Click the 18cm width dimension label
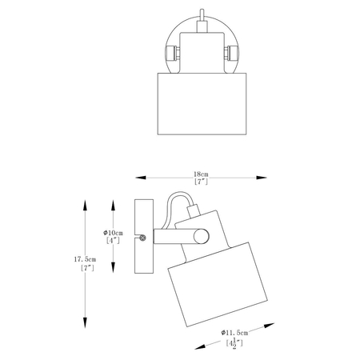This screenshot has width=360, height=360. pyautogui.click(x=201, y=174)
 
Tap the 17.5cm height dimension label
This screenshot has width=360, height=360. pyautogui.click(x=85, y=259)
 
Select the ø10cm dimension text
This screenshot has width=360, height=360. pyautogui.click(x=114, y=233)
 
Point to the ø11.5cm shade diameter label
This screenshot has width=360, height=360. pyautogui.click(x=234, y=333)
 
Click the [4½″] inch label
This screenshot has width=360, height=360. pyautogui.click(x=234, y=343)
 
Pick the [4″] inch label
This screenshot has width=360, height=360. pyautogui.click(x=113, y=241)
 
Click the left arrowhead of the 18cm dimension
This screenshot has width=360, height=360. pyautogui.click(x=141, y=178)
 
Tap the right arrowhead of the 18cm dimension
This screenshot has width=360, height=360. pyautogui.click(x=262, y=178)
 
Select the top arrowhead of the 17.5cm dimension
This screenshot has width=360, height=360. pyautogui.click(x=85, y=206)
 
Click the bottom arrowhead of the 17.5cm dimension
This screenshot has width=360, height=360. pyautogui.click(x=85, y=322)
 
